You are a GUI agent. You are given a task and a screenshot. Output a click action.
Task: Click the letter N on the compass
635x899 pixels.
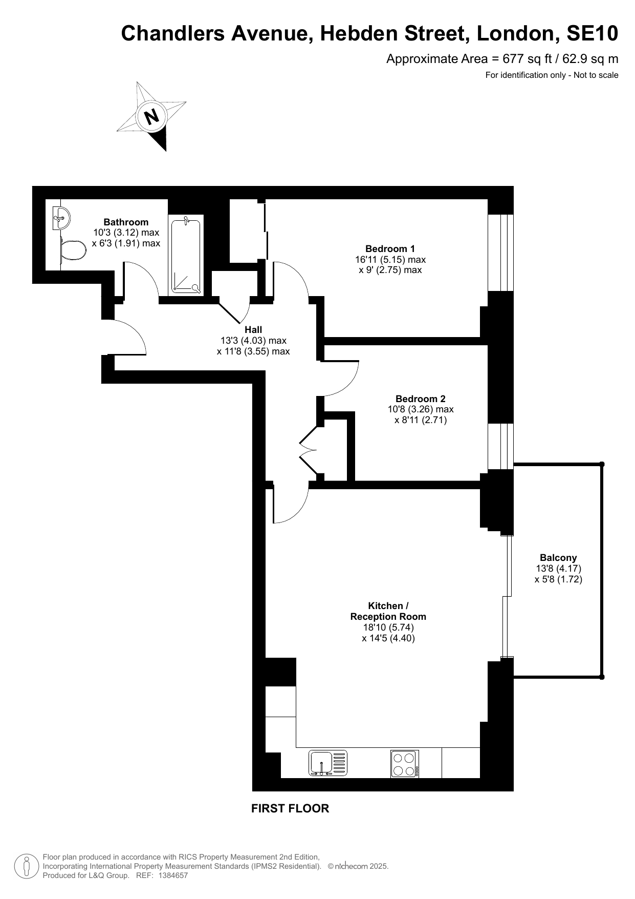(x=151, y=117)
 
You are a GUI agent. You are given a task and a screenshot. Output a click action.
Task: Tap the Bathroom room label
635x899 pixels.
(x=126, y=222)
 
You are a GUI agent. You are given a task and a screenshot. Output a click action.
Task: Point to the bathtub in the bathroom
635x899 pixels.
(x=186, y=255)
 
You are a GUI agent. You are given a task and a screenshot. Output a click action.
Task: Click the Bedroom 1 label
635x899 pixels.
(x=390, y=248)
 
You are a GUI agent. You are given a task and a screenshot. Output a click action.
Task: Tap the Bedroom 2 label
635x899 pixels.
(x=421, y=399)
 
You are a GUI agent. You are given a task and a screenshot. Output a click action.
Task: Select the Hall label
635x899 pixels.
(x=253, y=329)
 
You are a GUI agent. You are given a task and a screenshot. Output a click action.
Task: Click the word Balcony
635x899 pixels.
(x=558, y=558)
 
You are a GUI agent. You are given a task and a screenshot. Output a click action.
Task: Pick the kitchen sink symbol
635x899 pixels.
(x=328, y=762)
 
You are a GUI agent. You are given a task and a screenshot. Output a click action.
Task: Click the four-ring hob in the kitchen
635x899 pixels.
(x=404, y=764)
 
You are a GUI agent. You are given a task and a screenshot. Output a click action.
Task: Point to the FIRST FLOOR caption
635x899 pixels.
(x=290, y=808)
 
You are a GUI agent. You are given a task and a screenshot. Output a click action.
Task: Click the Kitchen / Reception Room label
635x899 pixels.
(x=388, y=611)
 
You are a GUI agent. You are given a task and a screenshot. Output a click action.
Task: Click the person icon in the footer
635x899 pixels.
(x=26, y=866)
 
